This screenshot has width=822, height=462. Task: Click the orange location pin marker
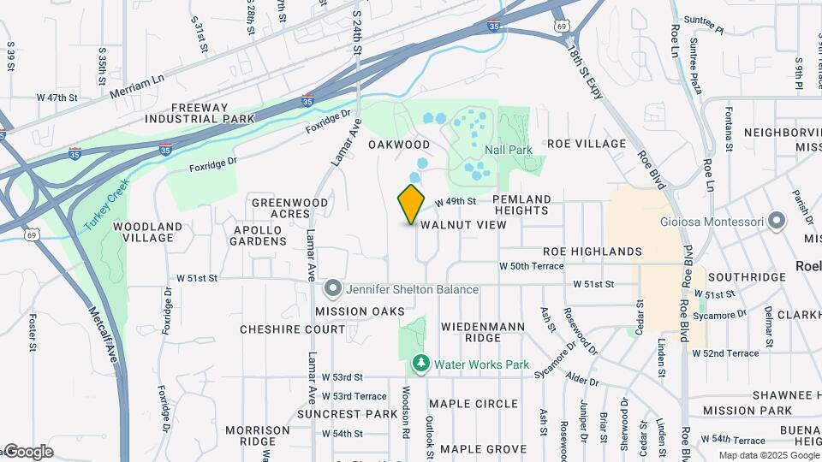411,204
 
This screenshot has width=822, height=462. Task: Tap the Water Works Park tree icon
420,364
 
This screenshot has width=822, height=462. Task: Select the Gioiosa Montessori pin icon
777,222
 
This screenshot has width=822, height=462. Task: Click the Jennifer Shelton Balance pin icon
333,289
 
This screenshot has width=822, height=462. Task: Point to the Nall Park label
508,150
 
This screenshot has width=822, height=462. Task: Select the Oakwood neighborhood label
399,145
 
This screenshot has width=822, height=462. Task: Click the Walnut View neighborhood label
463,225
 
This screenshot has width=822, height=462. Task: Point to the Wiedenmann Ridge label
482,333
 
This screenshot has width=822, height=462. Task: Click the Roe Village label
587,144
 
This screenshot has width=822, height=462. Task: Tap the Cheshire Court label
280,329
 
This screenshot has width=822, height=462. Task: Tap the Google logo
28,451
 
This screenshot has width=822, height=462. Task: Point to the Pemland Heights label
522,204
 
